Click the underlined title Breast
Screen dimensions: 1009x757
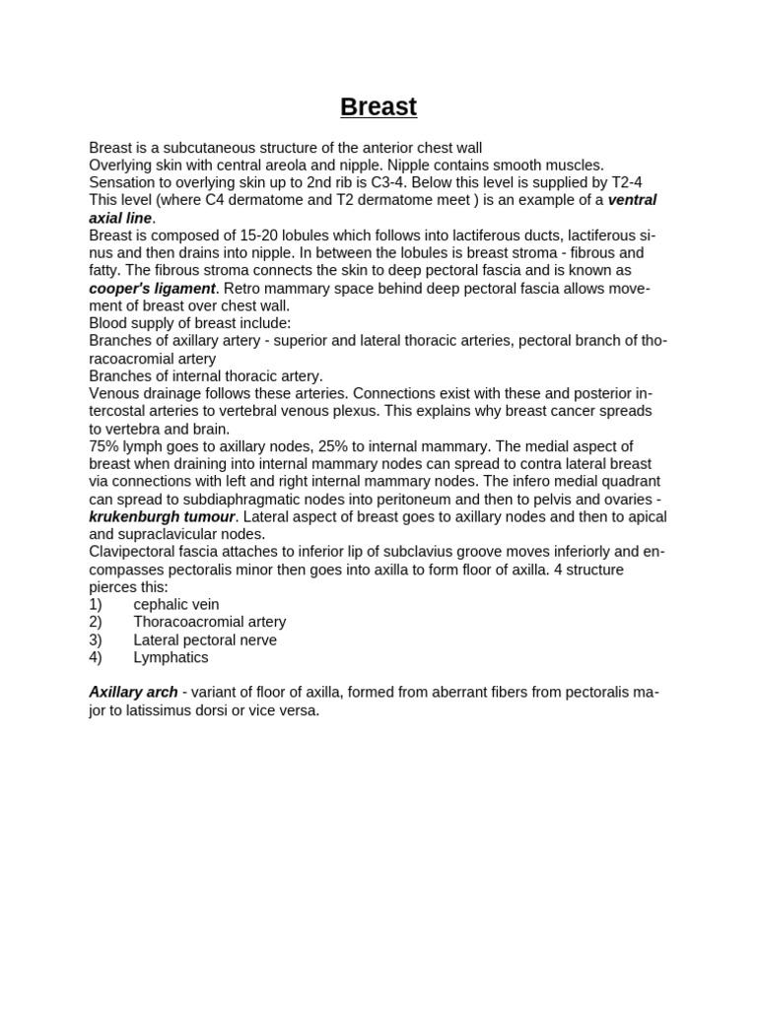coord(378,106)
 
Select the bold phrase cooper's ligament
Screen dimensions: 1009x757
coord(152,288)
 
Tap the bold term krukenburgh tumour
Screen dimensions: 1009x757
coord(162,516)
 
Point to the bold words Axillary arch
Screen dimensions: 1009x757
coord(133,692)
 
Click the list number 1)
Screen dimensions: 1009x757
coord(96,604)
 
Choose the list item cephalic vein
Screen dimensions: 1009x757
coord(176,604)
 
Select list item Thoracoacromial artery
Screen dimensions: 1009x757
coord(209,622)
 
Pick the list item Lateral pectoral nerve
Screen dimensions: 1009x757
coord(205,639)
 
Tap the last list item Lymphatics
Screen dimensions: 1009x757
coord(171,657)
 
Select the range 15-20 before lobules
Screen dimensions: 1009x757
coord(265,235)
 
